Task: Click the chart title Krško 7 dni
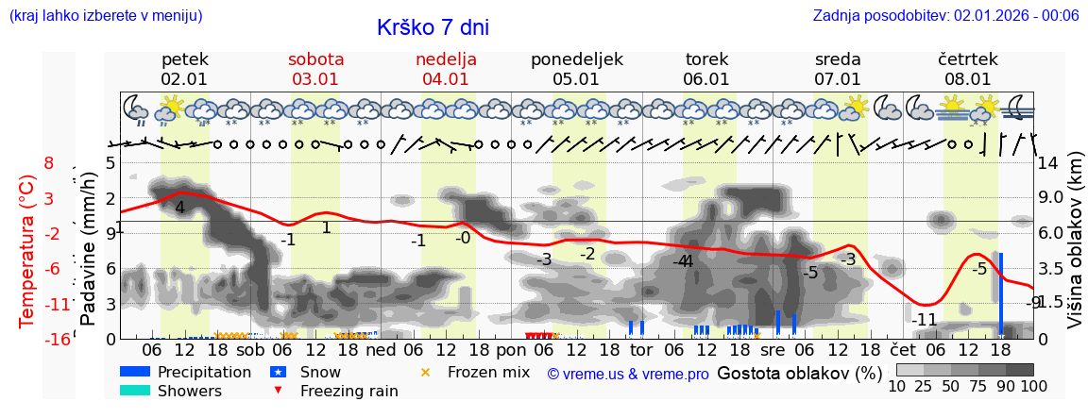433,27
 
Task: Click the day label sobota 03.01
315,69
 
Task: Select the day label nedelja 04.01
446,69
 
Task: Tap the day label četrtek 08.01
968,69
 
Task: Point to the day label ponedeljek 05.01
576,69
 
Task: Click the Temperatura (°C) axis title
28,250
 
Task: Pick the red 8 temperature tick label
48,163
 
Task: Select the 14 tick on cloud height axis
1048,163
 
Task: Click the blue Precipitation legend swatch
135,372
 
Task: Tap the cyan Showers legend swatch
135,391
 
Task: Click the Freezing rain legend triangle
277,391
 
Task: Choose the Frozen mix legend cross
425,372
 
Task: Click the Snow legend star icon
278,372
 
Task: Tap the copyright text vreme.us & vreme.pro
628,374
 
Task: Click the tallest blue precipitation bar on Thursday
1000,293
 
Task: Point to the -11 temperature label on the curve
925,320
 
